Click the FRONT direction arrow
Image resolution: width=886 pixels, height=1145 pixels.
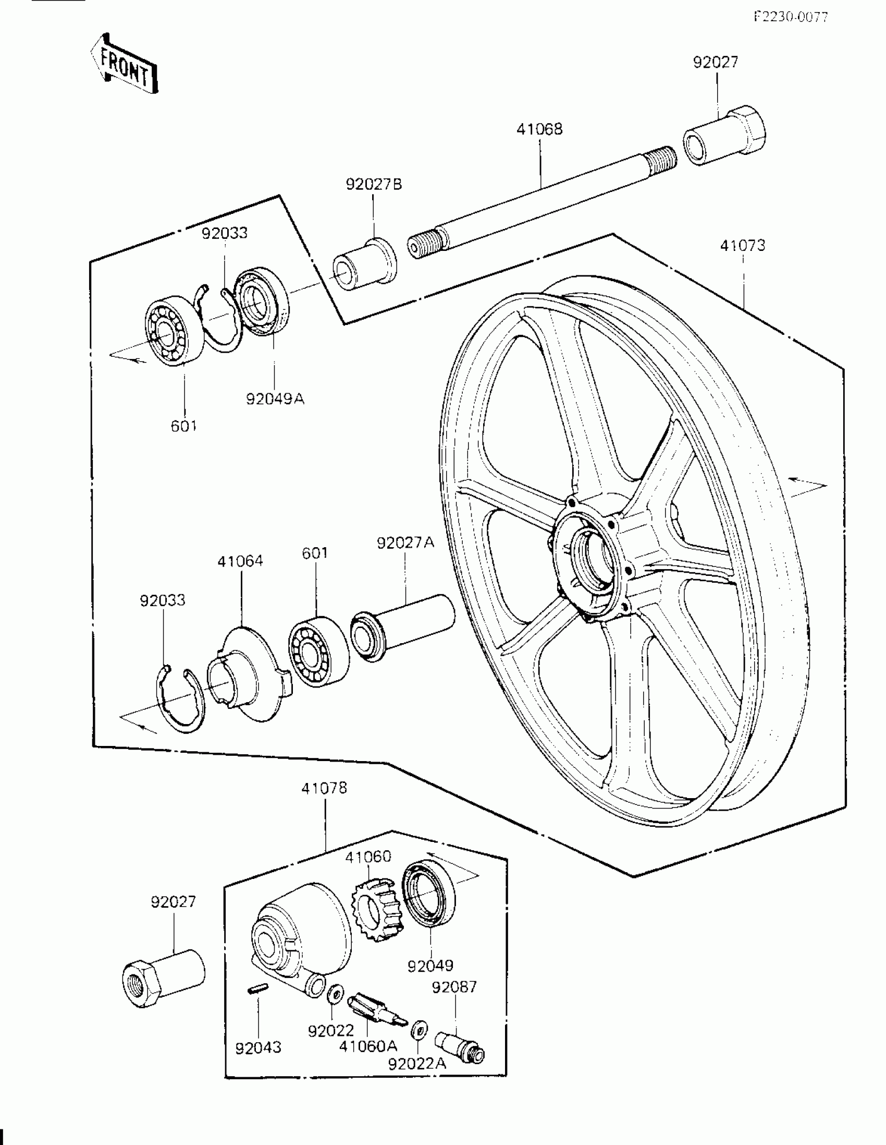[x=124, y=64]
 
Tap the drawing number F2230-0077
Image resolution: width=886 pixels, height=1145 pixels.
[x=791, y=17]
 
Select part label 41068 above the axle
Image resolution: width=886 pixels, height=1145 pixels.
[x=539, y=129]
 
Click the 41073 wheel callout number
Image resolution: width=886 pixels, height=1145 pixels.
[x=743, y=245]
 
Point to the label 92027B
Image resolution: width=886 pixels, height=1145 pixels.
[x=374, y=185]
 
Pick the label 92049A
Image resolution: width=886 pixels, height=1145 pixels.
[x=275, y=399]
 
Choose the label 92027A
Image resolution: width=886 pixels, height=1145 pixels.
[x=405, y=543]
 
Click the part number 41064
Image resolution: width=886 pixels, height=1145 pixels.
[x=240, y=561]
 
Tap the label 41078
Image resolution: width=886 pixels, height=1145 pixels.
[x=324, y=788]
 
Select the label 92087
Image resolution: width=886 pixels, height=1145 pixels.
[x=454, y=987]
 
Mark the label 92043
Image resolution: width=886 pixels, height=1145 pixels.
[x=259, y=1047]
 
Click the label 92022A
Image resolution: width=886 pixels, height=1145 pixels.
[x=417, y=1063]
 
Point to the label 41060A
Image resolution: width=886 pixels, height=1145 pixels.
[x=368, y=1046]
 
